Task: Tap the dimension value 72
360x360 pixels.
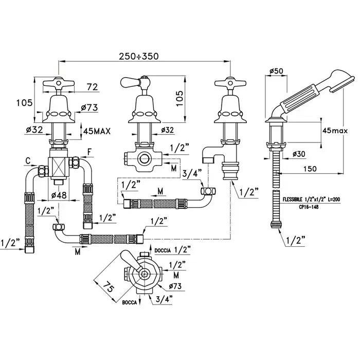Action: click(93, 87)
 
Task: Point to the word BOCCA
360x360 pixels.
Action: click(129, 303)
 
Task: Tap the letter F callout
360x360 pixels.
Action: click(90, 152)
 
